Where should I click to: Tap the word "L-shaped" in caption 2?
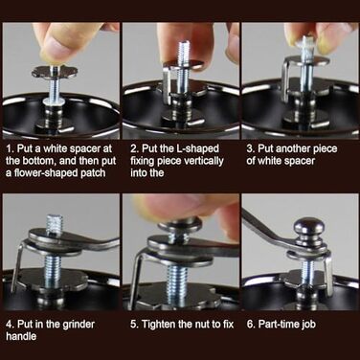(x=198, y=148)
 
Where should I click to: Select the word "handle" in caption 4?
(x=21, y=336)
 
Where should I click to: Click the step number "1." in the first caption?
(x=11, y=148)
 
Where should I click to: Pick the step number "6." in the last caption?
(x=251, y=325)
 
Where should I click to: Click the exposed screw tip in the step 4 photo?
(x=56, y=223)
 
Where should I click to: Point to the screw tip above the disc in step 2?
(x=184, y=51)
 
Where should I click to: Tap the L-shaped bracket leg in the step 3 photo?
(x=285, y=79)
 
